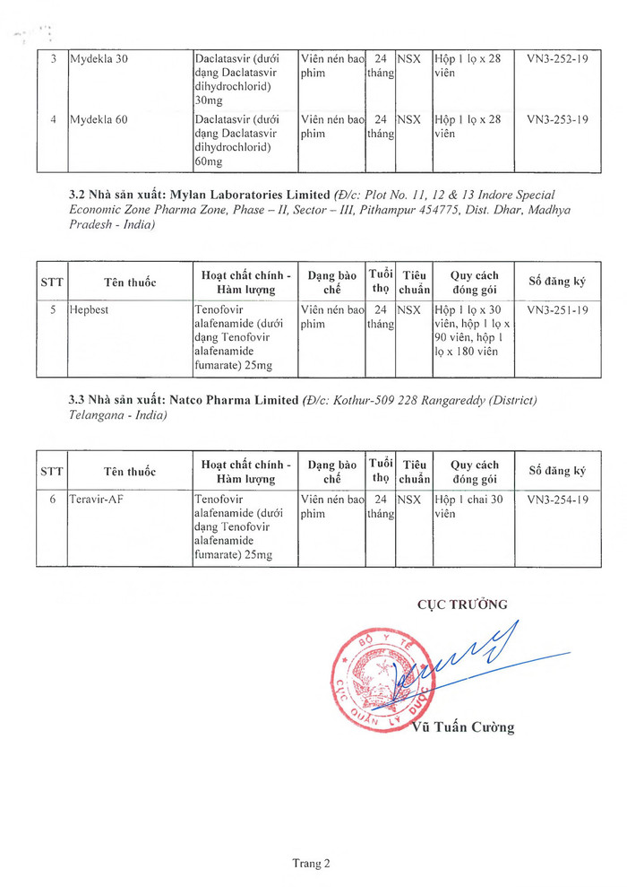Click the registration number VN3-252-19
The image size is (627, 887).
(557, 59)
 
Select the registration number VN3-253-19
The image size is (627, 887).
(557, 119)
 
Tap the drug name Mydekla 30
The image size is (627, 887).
(99, 59)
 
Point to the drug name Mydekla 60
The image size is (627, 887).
(99, 119)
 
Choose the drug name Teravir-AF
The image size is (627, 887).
(96, 499)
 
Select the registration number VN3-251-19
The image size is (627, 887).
(557, 309)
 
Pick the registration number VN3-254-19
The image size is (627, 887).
(557, 499)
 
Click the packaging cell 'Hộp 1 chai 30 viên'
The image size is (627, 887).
(468, 506)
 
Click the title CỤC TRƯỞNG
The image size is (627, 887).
(462, 604)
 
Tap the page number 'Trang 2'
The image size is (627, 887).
(312, 864)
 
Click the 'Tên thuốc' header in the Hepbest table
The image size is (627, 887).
(130, 283)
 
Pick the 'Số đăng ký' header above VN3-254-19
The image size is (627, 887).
(557, 471)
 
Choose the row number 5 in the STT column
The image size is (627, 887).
(53, 309)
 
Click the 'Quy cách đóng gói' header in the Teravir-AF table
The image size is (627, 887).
(474, 472)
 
